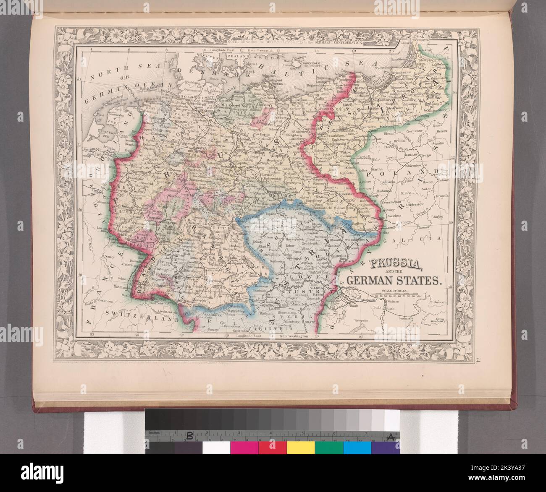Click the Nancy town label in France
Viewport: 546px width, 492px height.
[x=110, y=256]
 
